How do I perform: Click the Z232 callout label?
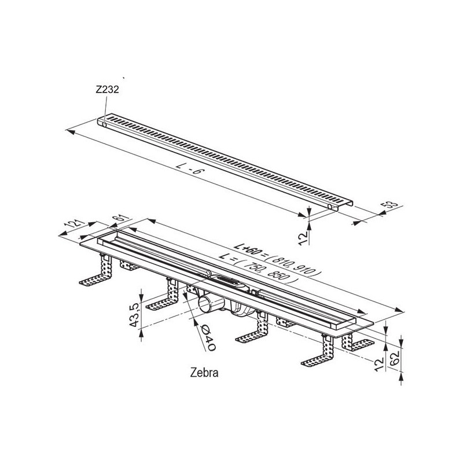coord(107,90)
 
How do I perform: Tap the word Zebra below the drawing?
coord(204,373)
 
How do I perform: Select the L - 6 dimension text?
coord(190,169)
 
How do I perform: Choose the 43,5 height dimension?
coord(134,315)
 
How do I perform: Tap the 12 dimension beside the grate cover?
coord(303,238)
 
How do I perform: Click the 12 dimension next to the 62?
coord(379,363)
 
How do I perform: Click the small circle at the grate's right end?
coord(330,207)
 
